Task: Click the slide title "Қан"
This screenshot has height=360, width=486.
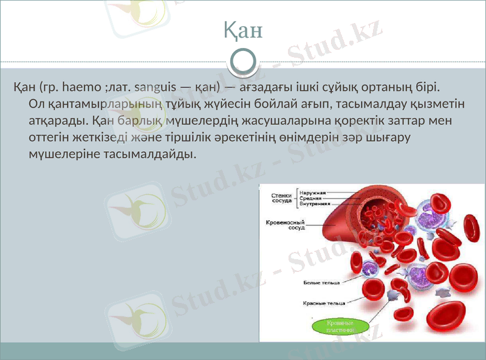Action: pyautogui.click(x=242, y=30)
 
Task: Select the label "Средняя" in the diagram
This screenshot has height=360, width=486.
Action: pyautogui.click(x=311, y=198)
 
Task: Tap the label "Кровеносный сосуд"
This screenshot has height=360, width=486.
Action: pyautogui.click(x=285, y=225)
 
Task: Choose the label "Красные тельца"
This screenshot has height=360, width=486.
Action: pyautogui.click(x=324, y=302)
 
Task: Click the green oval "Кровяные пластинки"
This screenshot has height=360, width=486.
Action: pyautogui.click(x=340, y=327)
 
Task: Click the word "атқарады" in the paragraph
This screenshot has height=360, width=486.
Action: pyautogui.click(x=56, y=120)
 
